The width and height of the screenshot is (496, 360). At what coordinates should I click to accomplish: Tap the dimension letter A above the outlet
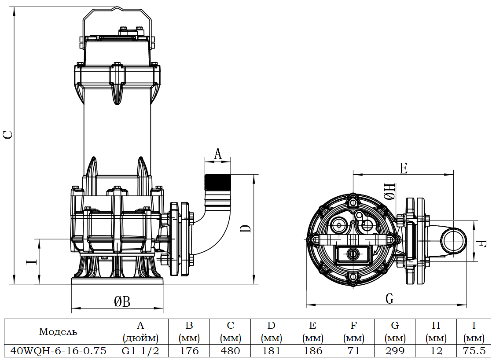click(218, 154)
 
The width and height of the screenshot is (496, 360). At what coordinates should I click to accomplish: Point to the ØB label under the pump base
click(122, 301)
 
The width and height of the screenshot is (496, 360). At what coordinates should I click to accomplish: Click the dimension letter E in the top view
click(403, 168)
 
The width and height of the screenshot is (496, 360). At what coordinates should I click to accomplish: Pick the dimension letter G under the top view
click(389, 299)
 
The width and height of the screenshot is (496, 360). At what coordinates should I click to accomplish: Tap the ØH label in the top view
click(390, 192)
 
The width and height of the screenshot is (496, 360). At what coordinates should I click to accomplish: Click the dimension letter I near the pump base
click(31, 262)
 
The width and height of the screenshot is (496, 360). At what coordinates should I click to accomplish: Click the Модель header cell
click(58, 331)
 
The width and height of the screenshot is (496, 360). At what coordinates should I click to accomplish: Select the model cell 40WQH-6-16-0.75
click(58, 351)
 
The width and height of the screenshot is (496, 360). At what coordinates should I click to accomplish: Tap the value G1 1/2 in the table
click(140, 351)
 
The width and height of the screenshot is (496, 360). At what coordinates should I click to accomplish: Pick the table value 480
click(231, 351)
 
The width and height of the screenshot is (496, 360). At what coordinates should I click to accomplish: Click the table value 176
click(189, 351)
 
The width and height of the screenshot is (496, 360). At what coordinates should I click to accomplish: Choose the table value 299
click(395, 351)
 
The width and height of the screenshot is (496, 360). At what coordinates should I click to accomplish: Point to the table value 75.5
click(474, 351)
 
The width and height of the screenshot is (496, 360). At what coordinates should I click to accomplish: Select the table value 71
click(354, 351)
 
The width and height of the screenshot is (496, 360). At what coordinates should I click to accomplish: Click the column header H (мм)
click(436, 331)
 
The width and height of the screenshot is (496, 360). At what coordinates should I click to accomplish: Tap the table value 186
click(313, 351)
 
